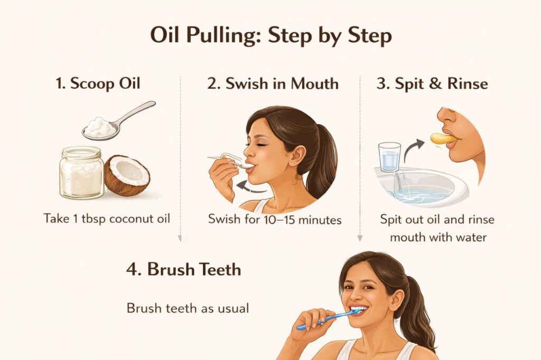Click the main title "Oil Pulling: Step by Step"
coord(270,36)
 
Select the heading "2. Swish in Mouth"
coord(273,83)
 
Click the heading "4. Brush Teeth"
coord(183,269)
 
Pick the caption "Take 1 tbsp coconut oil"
coord(107,219)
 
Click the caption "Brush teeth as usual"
coord(188,308)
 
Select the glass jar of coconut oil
coord(81,173)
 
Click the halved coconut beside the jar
coord(127,175)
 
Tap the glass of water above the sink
coord(390,156)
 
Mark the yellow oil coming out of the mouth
coord(443,138)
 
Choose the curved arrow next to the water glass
coord(414,149)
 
